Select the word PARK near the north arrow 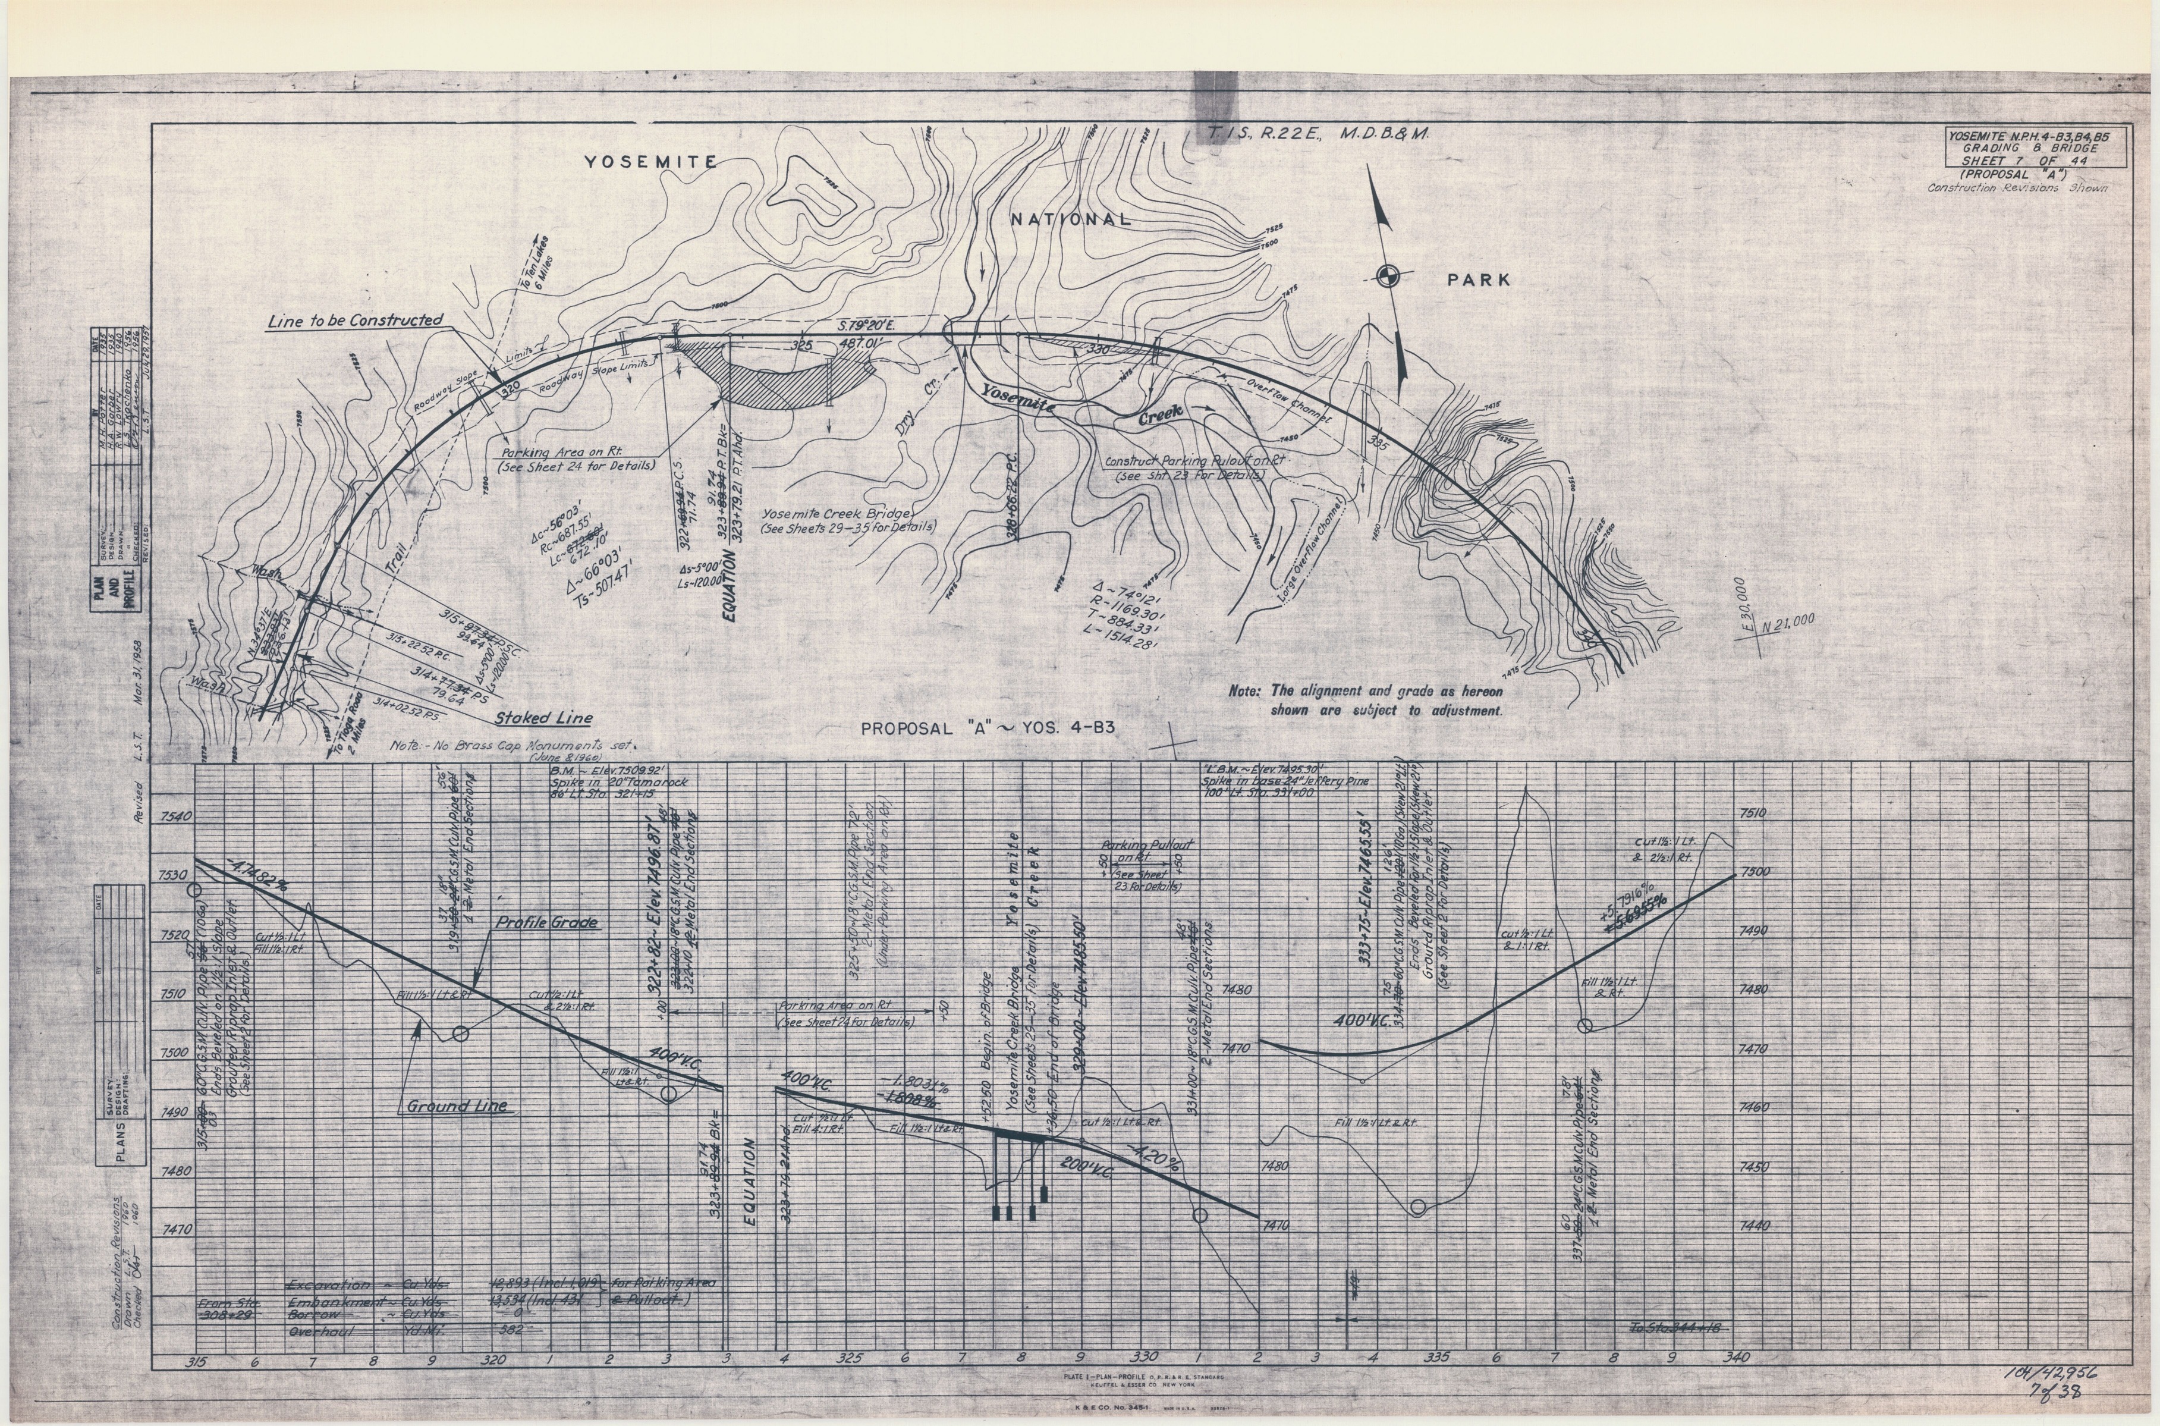[1478, 280]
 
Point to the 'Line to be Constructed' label [356, 320]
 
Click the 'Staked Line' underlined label [543, 718]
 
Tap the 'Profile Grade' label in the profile [546, 923]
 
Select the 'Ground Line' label [457, 1107]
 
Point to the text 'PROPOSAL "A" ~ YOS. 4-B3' [988, 728]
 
